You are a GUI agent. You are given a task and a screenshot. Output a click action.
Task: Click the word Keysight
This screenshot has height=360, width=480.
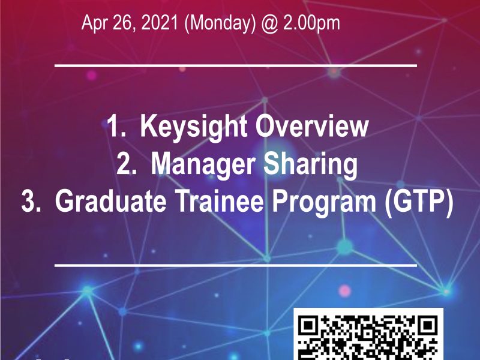point(193,127)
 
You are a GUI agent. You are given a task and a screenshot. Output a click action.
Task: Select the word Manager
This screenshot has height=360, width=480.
point(203,164)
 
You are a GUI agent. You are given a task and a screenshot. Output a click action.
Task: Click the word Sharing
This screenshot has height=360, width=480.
point(310,164)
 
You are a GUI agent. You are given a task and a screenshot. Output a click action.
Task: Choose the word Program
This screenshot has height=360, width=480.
point(324,202)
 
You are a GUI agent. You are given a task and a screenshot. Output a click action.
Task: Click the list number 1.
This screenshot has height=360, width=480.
point(116,126)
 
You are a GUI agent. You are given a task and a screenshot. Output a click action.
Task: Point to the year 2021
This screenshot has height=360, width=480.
point(160,22)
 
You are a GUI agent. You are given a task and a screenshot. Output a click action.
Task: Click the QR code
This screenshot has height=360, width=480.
point(368,334)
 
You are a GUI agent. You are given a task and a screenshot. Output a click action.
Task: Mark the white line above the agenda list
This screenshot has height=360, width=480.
point(236,65)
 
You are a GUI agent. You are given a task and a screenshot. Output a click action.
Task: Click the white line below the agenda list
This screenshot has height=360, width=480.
point(236,265)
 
